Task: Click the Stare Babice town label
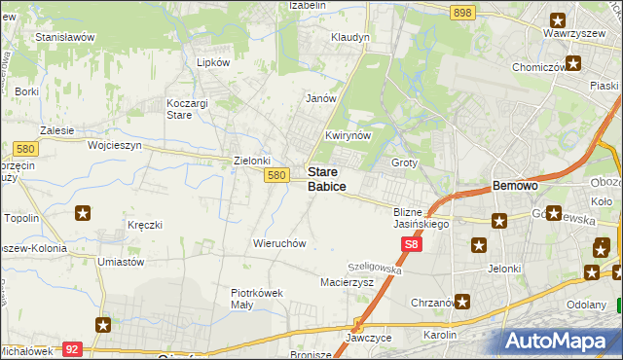[x=326, y=178]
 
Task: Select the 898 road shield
[x=462, y=12]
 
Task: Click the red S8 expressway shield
[x=412, y=248]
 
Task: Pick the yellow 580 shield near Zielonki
[x=276, y=175]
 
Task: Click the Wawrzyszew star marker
[x=558, y=19]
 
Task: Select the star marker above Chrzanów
[x=462, y=303]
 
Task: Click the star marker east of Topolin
[x=85, y=214]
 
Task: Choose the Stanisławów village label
[x=64, y=37]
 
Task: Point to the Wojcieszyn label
[x=115, y=145]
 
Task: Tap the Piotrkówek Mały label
[x=256, y=297]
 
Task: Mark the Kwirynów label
[x=348, y=136]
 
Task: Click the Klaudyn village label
[x=350, y=37]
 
